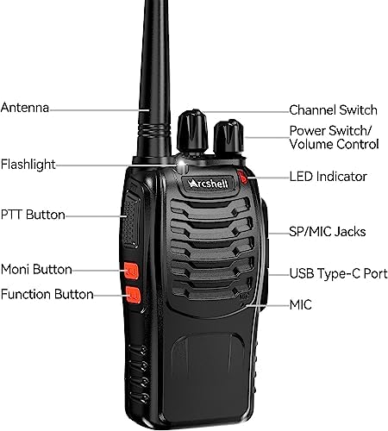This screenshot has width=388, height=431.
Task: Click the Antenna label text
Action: click(x=25, y=108)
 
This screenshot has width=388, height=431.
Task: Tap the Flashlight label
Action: click(x=28, y=165)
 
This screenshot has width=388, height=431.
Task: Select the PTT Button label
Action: click(x=33, y=215)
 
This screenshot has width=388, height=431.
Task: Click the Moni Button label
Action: click(x=36, y=270)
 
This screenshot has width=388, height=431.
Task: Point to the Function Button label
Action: click(x=47, y=294)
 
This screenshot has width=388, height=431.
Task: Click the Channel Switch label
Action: click(x=333, y=110)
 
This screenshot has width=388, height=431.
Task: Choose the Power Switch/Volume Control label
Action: click(x=334, y=137)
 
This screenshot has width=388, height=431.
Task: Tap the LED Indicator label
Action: click(x=329, y=177)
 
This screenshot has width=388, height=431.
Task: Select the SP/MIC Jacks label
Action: click(x=328, y=232)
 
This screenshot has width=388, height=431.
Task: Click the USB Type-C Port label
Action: click(x=338, y=273)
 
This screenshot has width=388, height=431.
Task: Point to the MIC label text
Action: click(x=301, y=305)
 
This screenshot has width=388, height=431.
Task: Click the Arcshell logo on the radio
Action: click(x=208, y=184)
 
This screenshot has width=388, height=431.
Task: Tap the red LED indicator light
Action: click(x=242, y=177)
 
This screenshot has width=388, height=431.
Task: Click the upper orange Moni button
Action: click(x=132, y=271)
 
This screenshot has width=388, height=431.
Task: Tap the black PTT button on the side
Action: click(x=131, y=218)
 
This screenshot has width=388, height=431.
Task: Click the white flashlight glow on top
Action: click(x=182, y=165)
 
